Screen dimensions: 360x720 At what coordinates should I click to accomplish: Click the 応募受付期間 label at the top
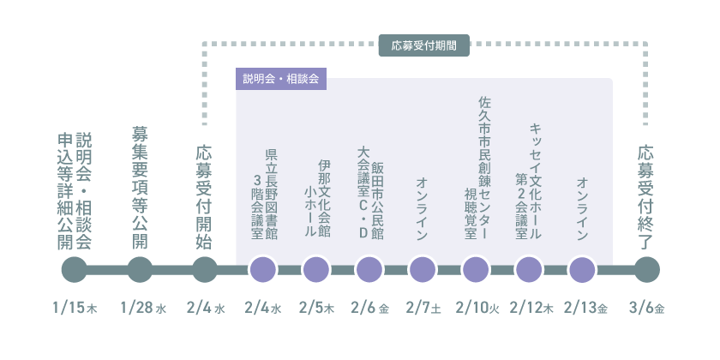[423, 45]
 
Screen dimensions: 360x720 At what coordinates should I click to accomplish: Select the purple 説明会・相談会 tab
[280, 79]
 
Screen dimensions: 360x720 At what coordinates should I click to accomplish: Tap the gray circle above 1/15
[75, 269]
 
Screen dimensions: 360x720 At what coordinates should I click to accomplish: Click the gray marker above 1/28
[140, 269]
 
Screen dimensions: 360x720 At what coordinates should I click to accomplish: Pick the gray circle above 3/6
[646, 269]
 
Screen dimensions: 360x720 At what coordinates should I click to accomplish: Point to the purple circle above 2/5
[316, 269]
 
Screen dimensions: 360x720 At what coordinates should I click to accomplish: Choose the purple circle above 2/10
[476, 269]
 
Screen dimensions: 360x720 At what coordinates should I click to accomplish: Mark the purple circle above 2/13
[582, 269]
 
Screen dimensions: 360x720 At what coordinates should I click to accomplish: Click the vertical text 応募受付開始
[204, 196]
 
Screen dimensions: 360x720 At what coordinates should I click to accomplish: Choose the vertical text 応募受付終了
[646, 196]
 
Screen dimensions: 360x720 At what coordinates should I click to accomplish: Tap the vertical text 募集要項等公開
[140, 188]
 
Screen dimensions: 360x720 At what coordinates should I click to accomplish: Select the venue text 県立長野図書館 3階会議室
[264, 194]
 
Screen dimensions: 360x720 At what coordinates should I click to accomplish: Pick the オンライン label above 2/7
[423, 208]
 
